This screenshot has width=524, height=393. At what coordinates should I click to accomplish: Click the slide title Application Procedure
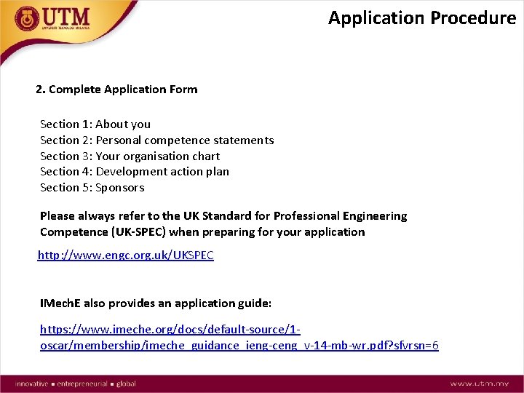[x=421, y=18]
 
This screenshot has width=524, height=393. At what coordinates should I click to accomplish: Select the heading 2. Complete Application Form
[x=116, y=90]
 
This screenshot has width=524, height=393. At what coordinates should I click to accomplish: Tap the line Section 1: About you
[x=95, y=124]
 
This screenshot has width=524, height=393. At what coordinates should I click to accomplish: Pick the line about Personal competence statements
[x=156, y=140]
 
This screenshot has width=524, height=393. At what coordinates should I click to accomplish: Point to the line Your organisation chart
[x=130, y=156]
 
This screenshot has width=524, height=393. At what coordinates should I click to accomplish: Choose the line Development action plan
[x=135, y=172]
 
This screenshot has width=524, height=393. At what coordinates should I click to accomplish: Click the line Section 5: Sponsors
[x=92, y=188]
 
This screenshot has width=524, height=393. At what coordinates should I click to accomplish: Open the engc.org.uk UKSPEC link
[x=126, y=256]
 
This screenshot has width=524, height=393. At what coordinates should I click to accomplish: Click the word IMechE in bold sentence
[x=60, y=303]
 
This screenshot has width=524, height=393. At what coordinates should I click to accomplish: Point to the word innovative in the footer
[x=30, y=384]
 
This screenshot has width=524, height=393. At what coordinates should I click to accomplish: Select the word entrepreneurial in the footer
[x=82, y=384]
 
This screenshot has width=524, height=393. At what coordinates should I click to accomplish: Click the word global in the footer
[x=126, y=384]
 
